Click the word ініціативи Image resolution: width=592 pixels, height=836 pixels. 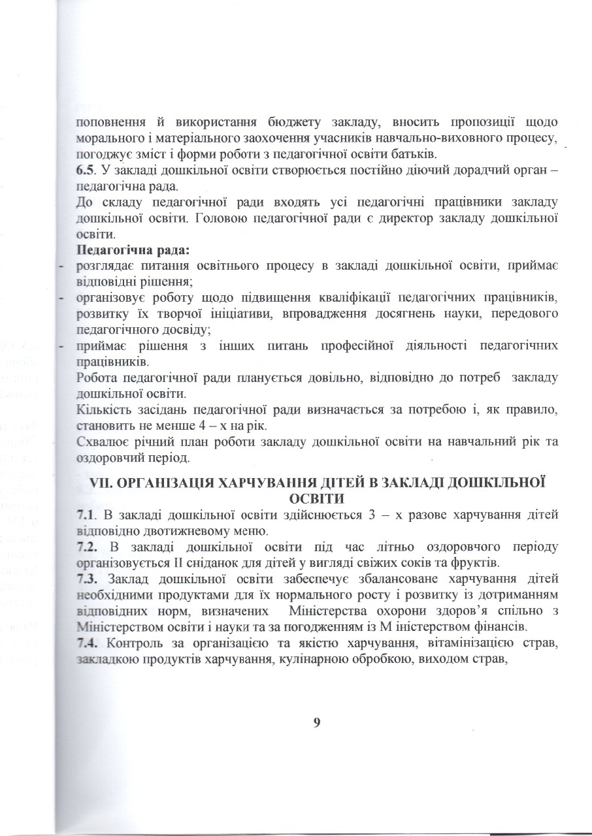pos(233,315)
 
